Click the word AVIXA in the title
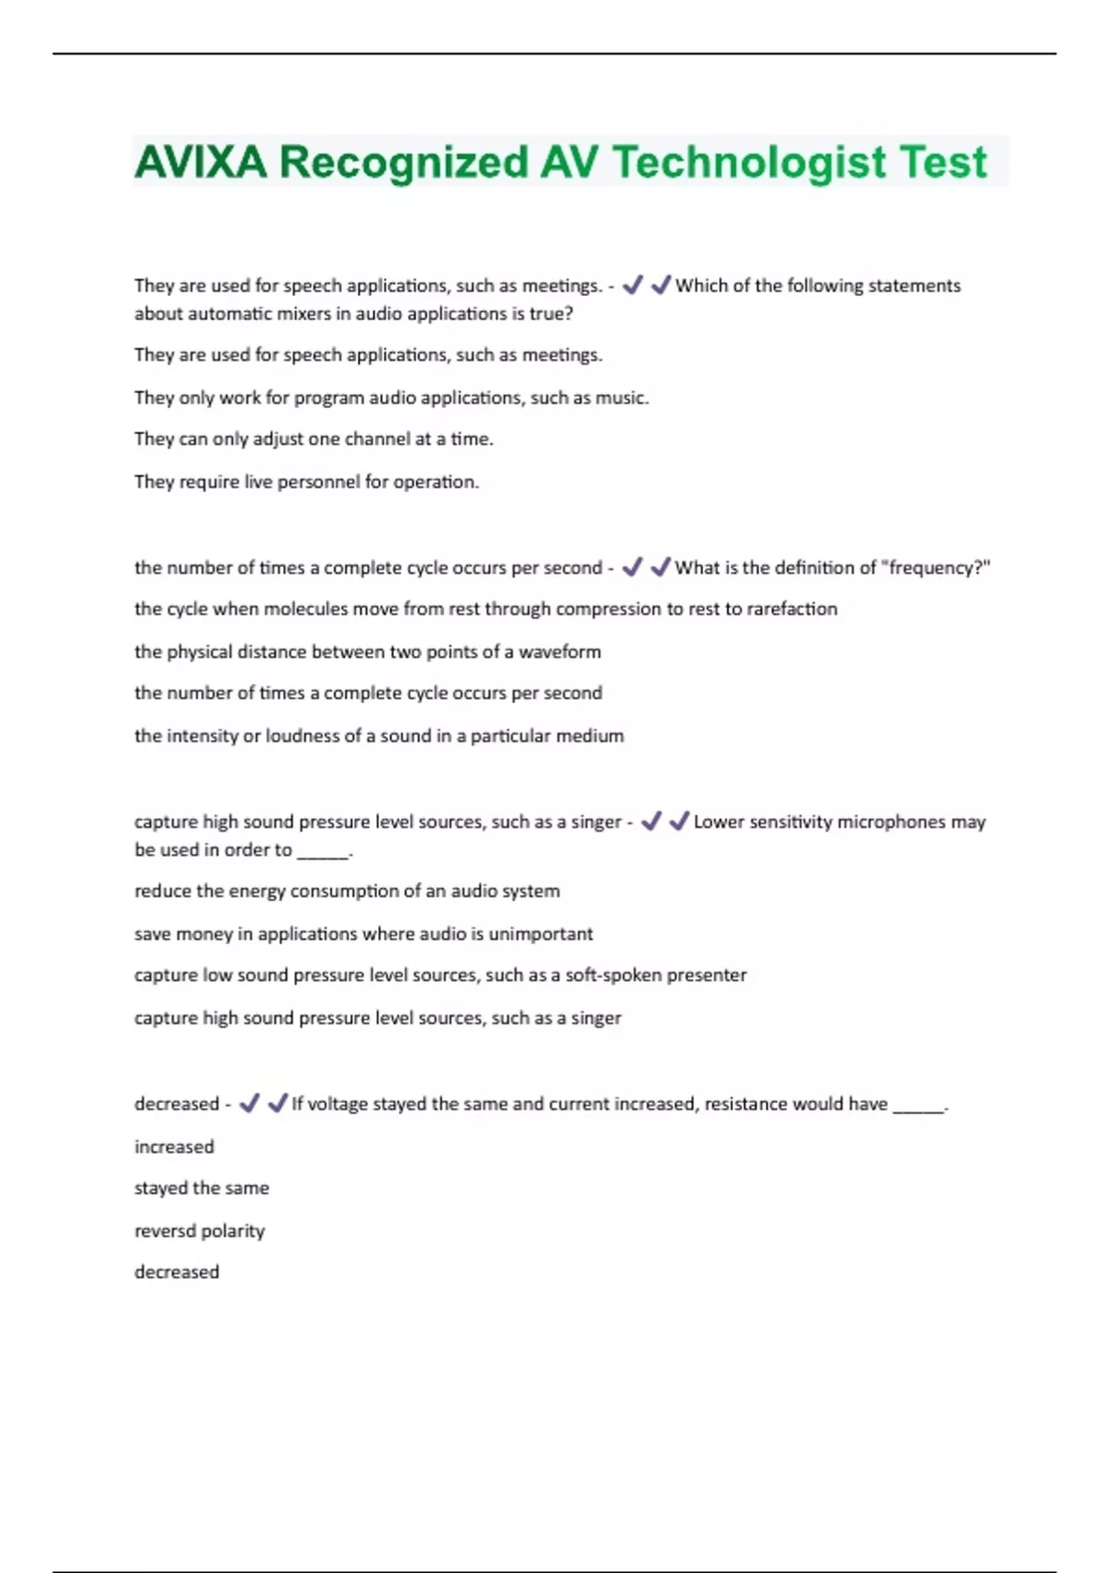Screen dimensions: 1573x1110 pyautogui.click(x=201, y=163)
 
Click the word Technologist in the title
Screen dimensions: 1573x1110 pyautogui.click(x=749, y=163)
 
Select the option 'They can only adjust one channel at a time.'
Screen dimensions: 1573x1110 pyautogui.click(x=314, y=440)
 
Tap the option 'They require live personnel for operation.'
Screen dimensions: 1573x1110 pyautogui.click(x=306, y=482)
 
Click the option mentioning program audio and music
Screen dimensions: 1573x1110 pyautogui.click(x=391, y=398)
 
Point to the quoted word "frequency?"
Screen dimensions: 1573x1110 pyautogui.click(x=938, y=568)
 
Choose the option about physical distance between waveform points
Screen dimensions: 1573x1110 pyautogui.click(x=367, y=652)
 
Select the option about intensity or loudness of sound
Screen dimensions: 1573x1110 pyautogui.click(x=378, y=737)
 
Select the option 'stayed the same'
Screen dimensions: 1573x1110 pyautogui.click(x=202, y=1188)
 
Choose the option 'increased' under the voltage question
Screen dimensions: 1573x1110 pyautogui.click(x=174, y=1147)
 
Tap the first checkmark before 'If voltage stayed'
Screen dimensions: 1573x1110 pyautogui.click(x=249, y=1103)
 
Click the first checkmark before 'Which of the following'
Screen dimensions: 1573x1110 pyautogui.click(x=633, y=285)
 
